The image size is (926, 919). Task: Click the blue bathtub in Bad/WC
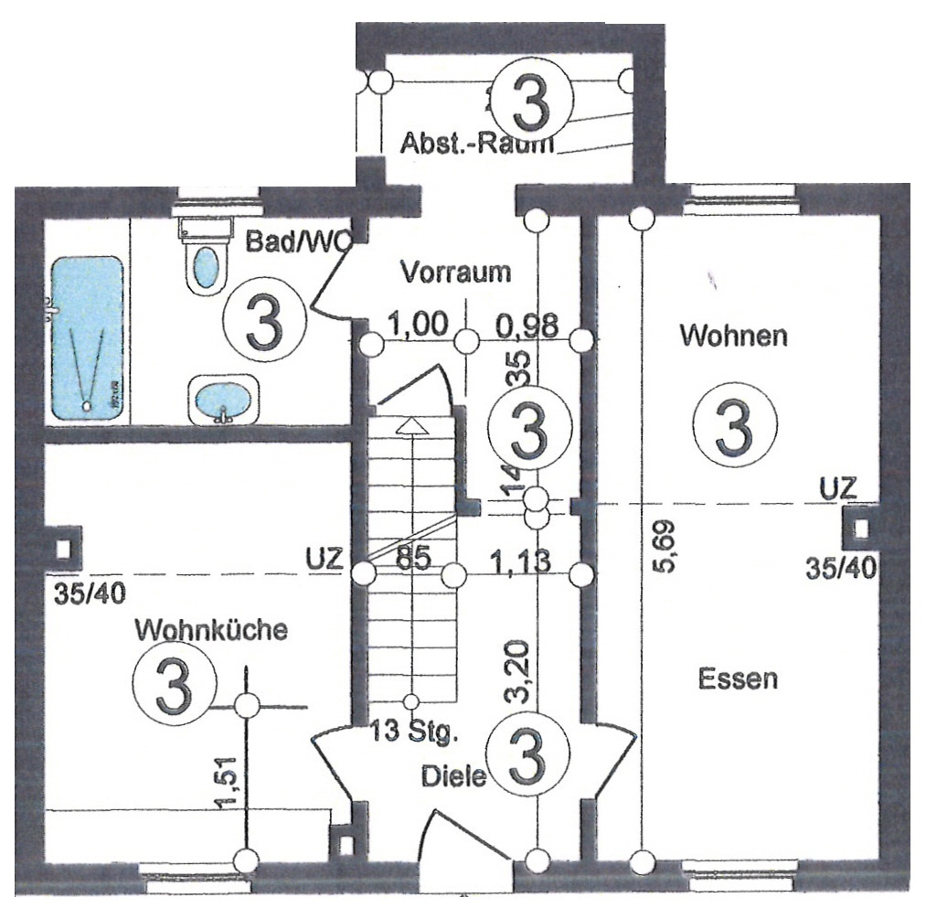click(x=87, y=338)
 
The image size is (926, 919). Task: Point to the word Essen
click(x=738, y=679)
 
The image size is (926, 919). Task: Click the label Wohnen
click(x=733, y=336)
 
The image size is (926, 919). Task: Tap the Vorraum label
click(x=456, y=272)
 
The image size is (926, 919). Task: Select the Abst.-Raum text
click(x=478, y=144)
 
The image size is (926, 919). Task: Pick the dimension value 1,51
click(x=229, y=781)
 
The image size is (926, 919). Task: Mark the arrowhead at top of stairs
click(x=412, y=424)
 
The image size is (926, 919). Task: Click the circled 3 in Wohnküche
click(x=174, y=682)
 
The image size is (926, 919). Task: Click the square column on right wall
click(x=859, y=529)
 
